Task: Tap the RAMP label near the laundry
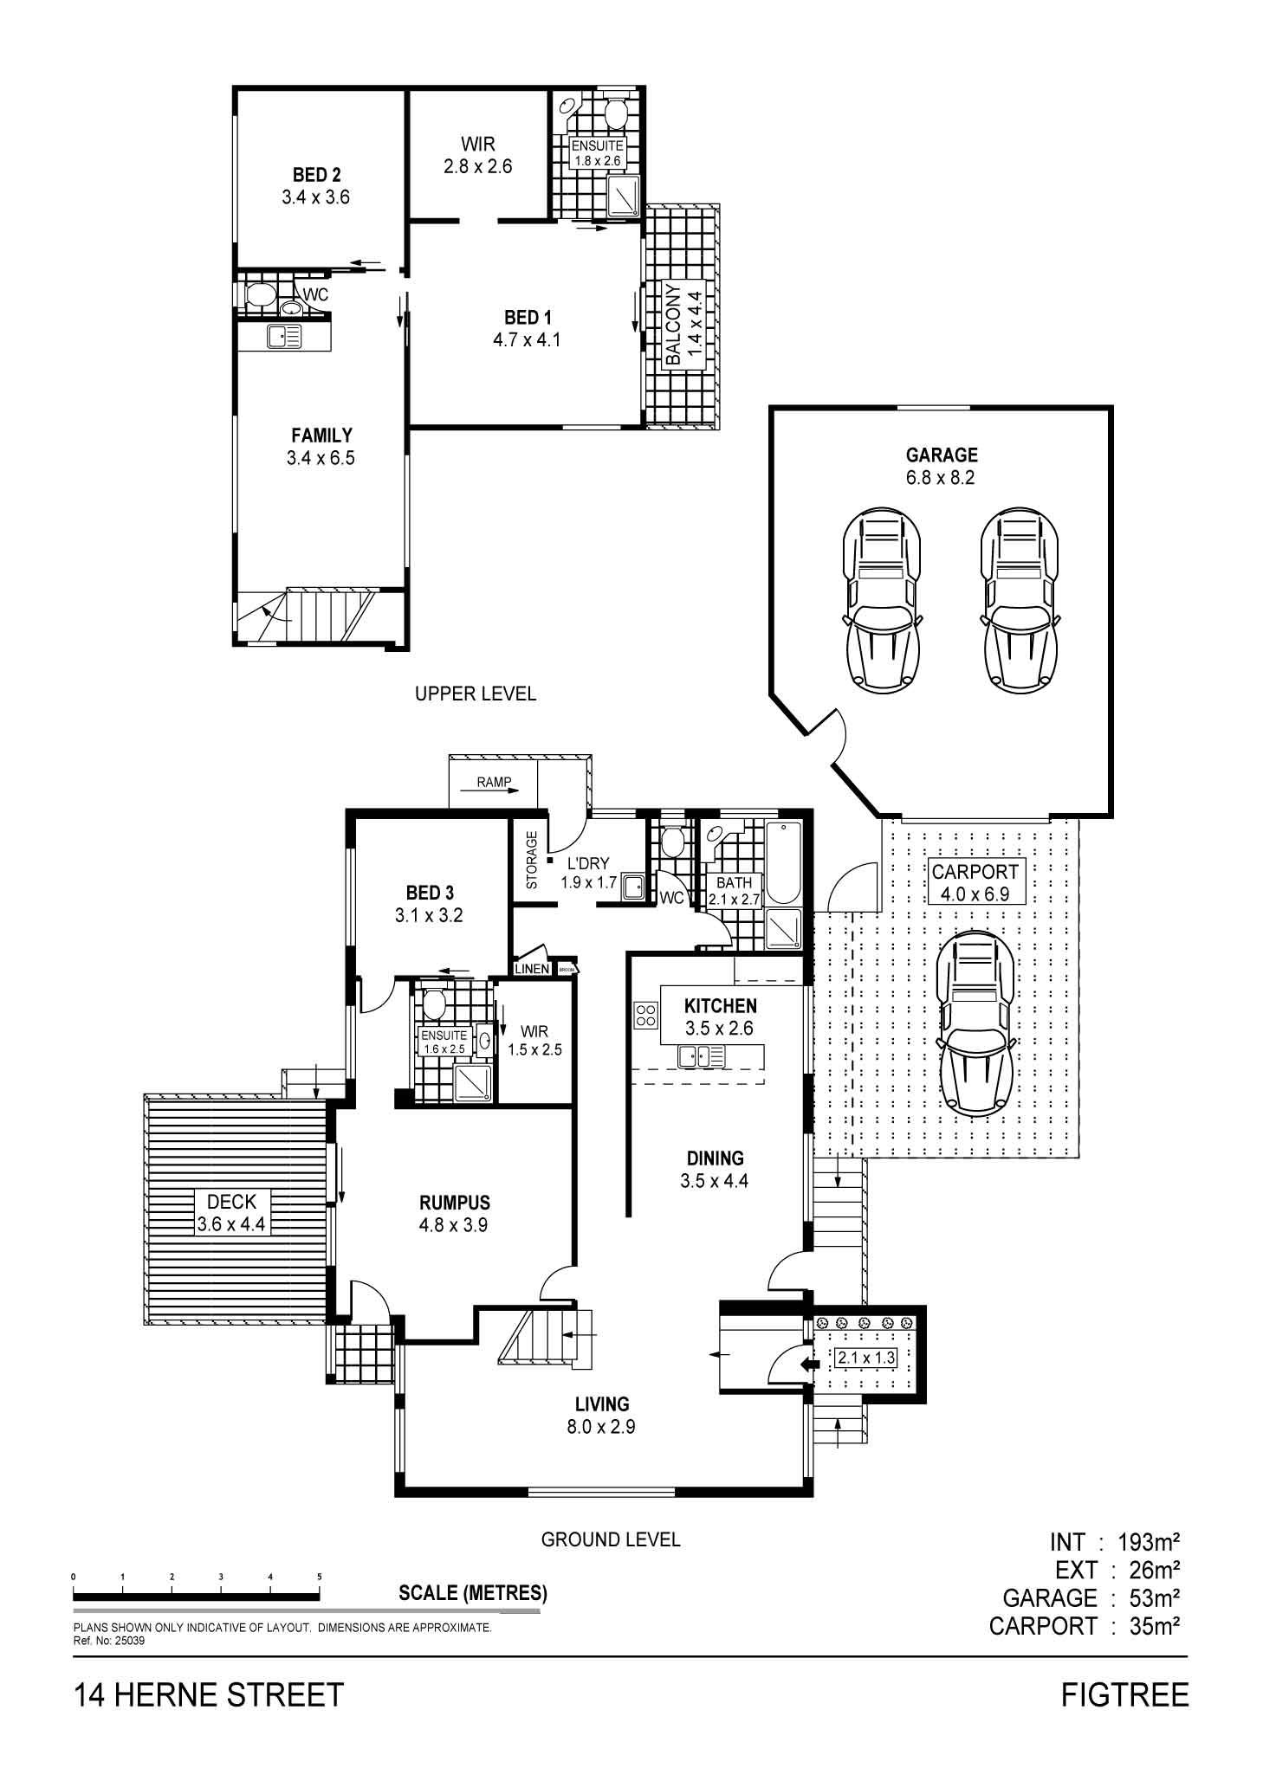495,782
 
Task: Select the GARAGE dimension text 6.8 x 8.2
942,477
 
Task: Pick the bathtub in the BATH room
785,861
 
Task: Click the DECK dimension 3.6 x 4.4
231,1224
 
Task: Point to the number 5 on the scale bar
320,1577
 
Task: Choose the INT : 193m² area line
1115,1542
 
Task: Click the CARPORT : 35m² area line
1085,1626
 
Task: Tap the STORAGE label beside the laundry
532,860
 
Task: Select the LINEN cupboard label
533,969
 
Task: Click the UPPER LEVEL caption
476,694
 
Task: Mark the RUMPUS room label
455,1203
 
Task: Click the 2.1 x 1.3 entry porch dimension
865,1358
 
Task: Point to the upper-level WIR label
478,144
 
